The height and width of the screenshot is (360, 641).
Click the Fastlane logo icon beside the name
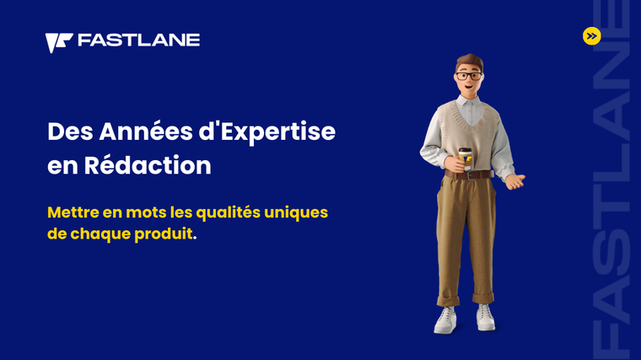click(58, 42)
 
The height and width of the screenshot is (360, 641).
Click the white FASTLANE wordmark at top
click(138, 40)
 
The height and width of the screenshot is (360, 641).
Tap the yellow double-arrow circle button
click(591, 36)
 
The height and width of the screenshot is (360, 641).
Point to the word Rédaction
click(148, 165)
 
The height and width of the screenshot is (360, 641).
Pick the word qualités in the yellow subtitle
click(227, 213)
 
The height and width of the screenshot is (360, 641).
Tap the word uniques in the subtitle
click(296, 213)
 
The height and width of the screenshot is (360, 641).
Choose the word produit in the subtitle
click(164, 234)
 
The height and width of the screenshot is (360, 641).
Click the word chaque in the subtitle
click(100, 234)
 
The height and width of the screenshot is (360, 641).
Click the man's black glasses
click(468, 76)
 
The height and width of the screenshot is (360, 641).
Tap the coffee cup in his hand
click(465, 159)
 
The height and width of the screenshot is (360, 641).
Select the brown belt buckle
click(472, 175)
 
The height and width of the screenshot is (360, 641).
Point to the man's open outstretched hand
click(515, 180)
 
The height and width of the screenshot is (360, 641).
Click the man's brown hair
click(470, 62)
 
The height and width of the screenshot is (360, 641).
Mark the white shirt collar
click(470, 102)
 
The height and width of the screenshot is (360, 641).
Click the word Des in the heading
click(70, 132)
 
